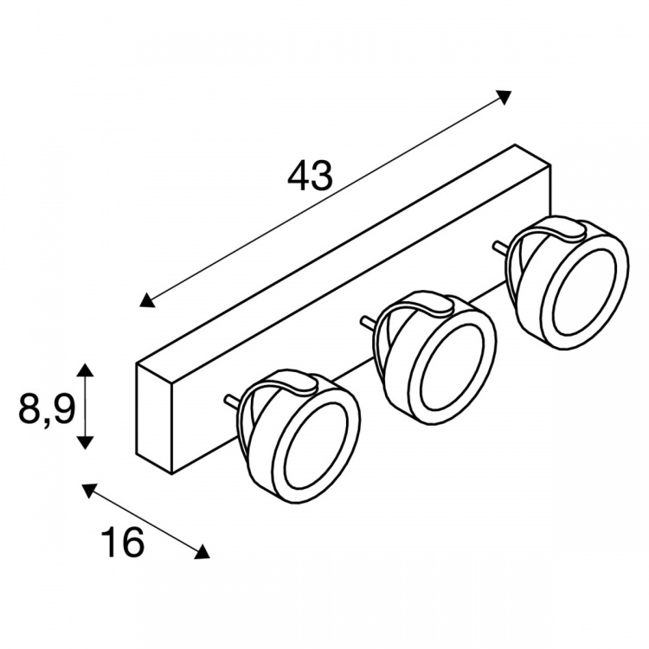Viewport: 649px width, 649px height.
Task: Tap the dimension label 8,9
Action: (x=47, y=408)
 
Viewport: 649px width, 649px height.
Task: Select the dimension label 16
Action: (x=123, y=542)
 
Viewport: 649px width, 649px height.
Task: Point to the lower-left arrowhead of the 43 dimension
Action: (x=147, y=300)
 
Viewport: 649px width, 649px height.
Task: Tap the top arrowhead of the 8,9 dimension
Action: (x=86, y=370)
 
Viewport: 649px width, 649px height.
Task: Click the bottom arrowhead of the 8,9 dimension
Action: (x=86, y=442)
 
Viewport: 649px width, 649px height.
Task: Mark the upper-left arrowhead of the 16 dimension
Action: (x=90, y=491)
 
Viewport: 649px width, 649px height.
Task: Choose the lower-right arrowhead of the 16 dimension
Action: (x=201, y=552)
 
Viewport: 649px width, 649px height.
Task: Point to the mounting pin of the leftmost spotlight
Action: (x=231, y=400)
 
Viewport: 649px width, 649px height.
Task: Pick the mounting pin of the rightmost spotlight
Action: (x=500, y=247)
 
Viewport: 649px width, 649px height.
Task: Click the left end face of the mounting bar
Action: (x=154, y=419)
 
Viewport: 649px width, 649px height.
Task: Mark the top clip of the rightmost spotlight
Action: (x=556, y=228)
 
